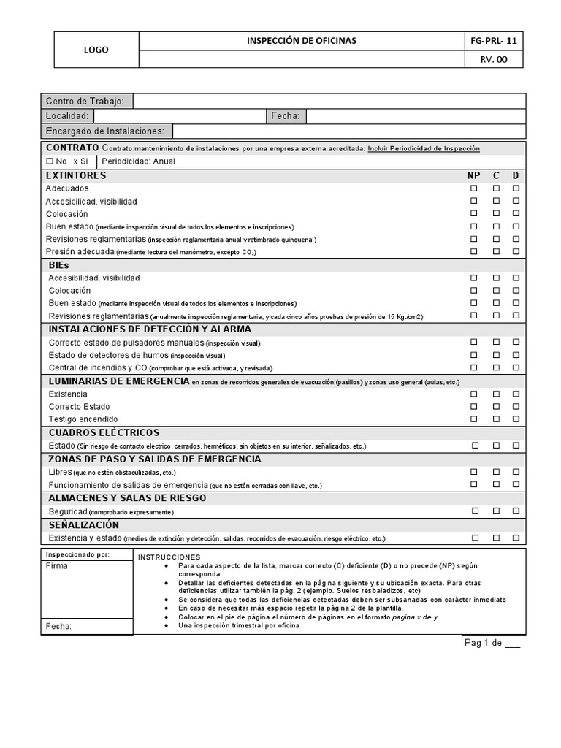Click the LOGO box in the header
[x=96, y=50]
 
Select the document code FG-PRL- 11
[x=494, y=41]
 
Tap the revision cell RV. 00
[x=494, y=60]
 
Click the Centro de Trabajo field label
[x=85, y=101]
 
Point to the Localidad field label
[x=67, y=116]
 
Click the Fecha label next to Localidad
[x=286, y=116]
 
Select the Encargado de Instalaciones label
[x=107, y=131]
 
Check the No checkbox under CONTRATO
[x=50, y=161]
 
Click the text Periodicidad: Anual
[x=139, y=161]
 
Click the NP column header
[x=474, y=176]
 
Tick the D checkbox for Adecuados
[x=516, y=188]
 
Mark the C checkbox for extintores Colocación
[x=496, y=213]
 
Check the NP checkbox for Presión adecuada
[x=474, y=251]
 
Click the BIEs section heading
[x=59, y=265]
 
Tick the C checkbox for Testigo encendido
[x=496, y=419]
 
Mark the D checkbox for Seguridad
[x=516, y=511]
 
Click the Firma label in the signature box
[x=56, y=566]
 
